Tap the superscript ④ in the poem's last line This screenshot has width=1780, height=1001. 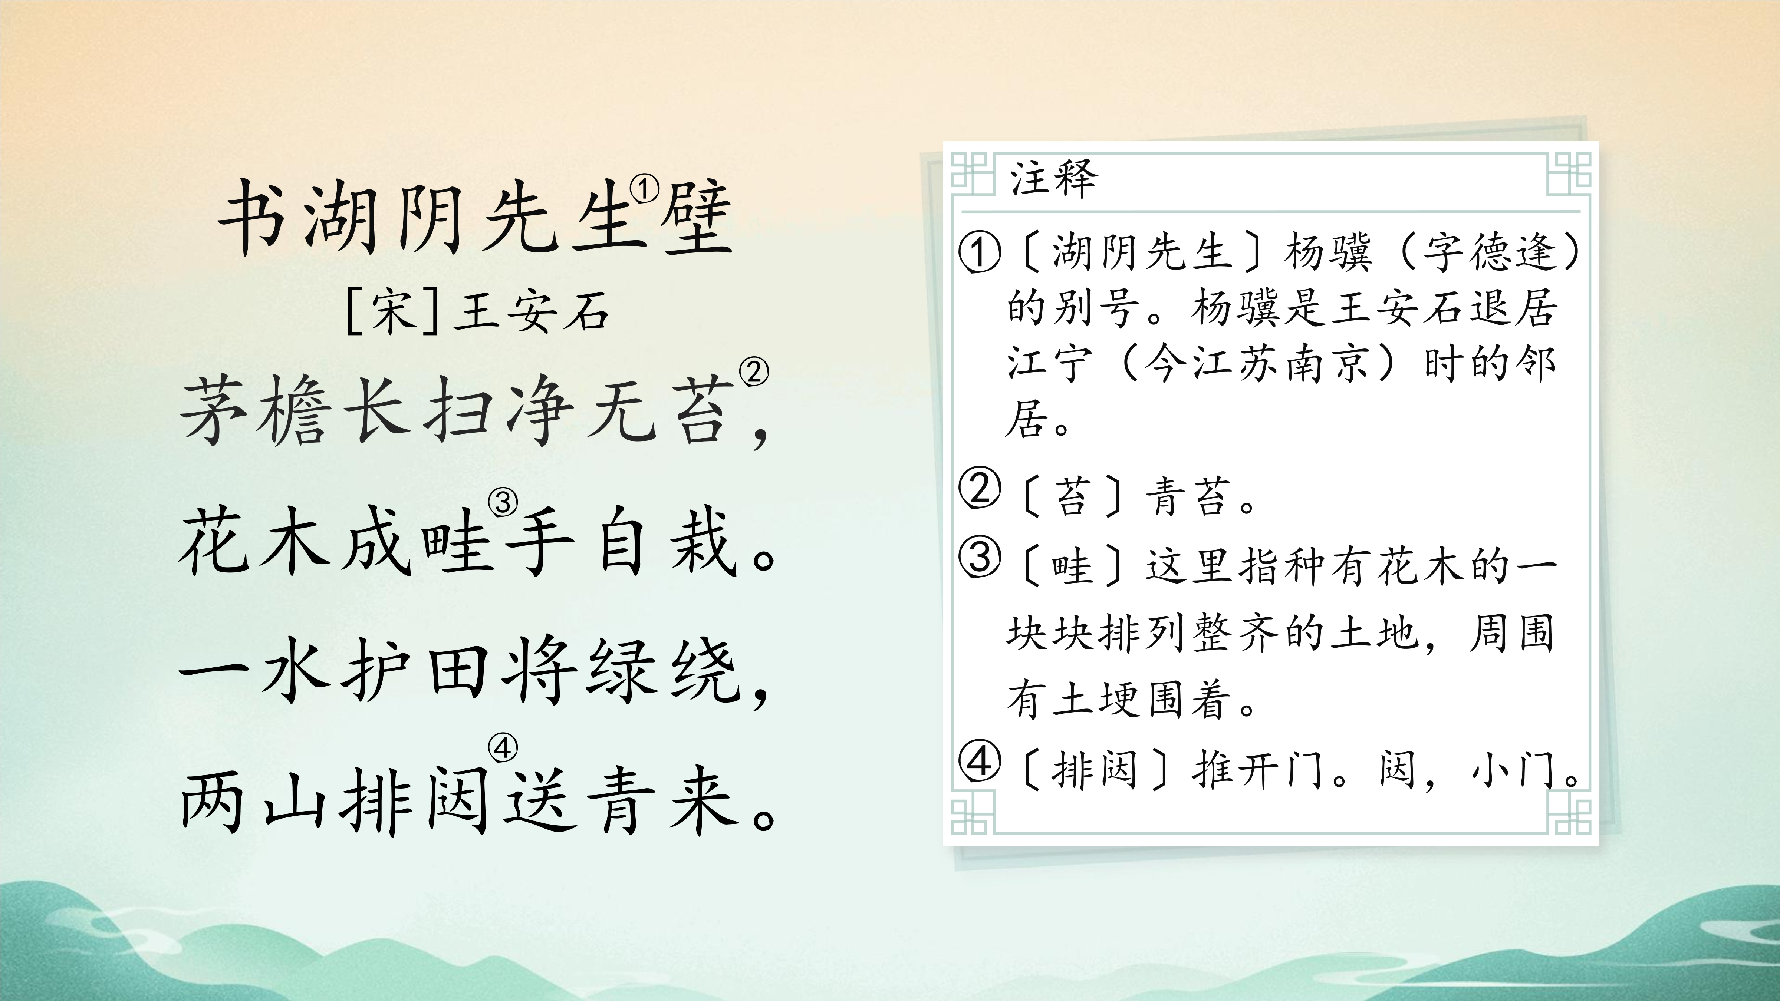pyautogui.click(x=503, y=748)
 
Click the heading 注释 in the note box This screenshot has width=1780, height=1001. pyautogui.click(x=1054, y=178)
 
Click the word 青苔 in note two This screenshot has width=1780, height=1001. pyautogui.click(x=1188, y=498)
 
